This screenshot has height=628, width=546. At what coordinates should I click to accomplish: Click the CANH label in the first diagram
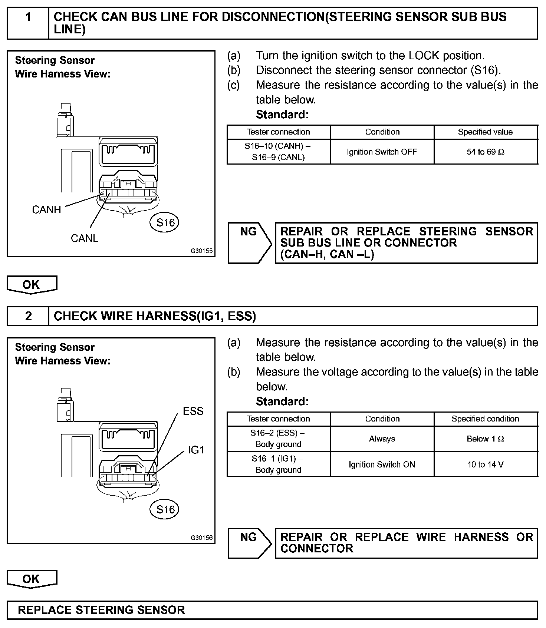coord(46,210)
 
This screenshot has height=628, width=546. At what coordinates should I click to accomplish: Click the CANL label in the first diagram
coord(85,238)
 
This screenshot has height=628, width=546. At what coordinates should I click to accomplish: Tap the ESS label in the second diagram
coord(193,411)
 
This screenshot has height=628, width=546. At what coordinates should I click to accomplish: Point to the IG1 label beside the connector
coord(196,450)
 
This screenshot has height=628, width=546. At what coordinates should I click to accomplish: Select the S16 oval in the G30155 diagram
coord(165,222)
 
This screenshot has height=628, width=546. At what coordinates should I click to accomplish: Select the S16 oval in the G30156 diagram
coord(165,509)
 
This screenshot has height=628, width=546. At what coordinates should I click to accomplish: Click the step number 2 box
coord(28,316)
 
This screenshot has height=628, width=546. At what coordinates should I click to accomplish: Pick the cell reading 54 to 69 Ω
coord(486,152)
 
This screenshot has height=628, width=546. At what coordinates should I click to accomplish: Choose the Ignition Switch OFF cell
coord(382,152)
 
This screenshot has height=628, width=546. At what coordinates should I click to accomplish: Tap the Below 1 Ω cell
coord(486,439)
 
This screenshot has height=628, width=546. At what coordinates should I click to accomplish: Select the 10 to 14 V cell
coord(486,465)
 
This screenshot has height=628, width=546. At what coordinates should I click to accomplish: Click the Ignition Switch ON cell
coord(382,465)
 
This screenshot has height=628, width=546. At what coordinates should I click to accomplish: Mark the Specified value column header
coord(485,132)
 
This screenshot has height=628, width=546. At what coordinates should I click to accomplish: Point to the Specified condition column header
coord(485,419)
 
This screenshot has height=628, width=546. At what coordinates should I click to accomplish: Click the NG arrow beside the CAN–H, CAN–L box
coord(249,243)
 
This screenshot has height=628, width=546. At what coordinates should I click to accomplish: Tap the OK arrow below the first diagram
coord(32,285)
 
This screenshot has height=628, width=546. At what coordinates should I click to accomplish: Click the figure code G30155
coord(202,251)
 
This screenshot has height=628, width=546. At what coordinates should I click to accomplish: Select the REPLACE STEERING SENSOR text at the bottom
coord(101,610)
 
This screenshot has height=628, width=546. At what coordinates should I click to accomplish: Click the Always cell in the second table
coord(382,439)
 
